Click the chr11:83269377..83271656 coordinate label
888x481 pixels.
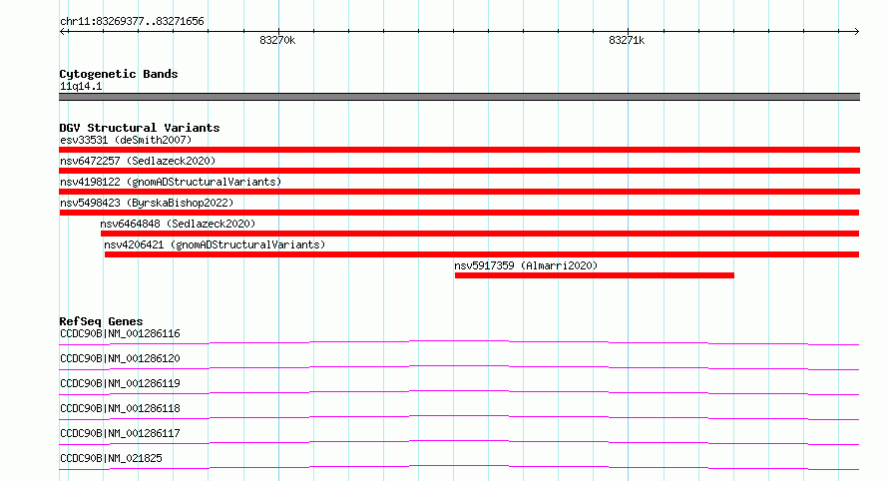pyautogui.click(x=132, y=22)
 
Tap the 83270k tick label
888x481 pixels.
pyautogui.click(x=277, y=40)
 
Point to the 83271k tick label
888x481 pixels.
pyautogui.click(x=627, y=40)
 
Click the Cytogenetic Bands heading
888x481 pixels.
pyautogui.click(x=119, y=74)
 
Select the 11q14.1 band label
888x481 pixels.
pyautogui.click(x=81, y=86)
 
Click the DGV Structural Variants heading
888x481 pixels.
pyautogui.click(x=140, y=128)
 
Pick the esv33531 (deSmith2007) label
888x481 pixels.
pyautogui.click(x=126, y=140)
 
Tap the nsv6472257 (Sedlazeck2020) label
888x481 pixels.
pyautogui.click(x=138, y=161)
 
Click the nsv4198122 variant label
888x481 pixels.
pyautogui.click(x=171, y=182)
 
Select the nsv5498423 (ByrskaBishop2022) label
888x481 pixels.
pyautogui.click(x=147, y=203)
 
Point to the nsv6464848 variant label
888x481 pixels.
pyautogui.click(x=178, y=224)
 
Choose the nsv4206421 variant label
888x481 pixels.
pyautogui.click(x=215, y=244)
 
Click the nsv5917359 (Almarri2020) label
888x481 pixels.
pyautogui.click(x=526, y=265)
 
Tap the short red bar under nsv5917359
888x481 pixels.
pyautogui.click(x=595, y=275)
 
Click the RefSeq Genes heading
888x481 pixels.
pyautogui.click(x=102, y=321)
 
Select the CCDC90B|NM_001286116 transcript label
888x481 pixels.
pyautogui.click(x=120, y=333)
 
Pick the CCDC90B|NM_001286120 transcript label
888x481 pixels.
pyautogui.click(x=120, y=358)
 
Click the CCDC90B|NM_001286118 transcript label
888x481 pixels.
pyautogui.click(x=120, y=408)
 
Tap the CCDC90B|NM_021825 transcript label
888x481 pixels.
pyautogui.click(x=111, y=458)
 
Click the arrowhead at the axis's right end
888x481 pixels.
pyautogui.click(x=857, y=32)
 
